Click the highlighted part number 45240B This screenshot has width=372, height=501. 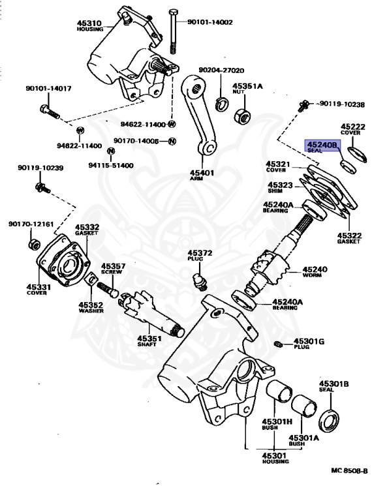[x=322, y=145]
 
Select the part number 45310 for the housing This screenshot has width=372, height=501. [x=89, y=23]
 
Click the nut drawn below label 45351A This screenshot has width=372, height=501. [x=243, y=115]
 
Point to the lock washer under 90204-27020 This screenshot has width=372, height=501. [x=221, y=104]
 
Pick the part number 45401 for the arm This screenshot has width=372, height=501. [x=202, y=173]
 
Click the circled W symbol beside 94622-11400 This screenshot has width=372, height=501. [x=172, y=125]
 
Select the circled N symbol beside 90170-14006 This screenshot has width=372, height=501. [x=172, y=141]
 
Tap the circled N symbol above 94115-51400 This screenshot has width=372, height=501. [x=110, y=151]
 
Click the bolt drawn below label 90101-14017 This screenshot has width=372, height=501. [x=50, y=111]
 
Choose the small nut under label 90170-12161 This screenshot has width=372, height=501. [x=34, y=245]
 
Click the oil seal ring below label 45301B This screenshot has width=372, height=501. [x=330, y=421]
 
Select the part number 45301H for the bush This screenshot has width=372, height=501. [x=277, y=422]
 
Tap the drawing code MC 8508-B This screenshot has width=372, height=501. [x=349, y=470]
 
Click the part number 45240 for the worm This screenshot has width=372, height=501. [x=315, y=269]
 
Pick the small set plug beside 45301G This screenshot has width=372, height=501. [x=277, y=344]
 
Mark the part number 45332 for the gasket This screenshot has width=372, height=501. [x=87, y=227]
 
